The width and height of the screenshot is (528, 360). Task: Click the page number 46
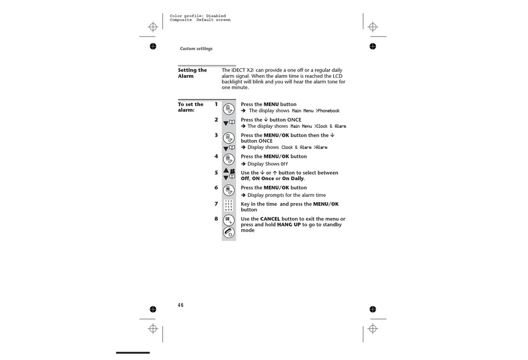click(181, 305)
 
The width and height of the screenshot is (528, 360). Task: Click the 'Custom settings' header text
click(196, 49)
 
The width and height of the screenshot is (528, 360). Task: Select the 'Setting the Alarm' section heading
click(192, 73)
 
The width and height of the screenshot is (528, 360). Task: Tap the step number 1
click(216, 104)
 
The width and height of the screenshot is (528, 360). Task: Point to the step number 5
click(216, 173)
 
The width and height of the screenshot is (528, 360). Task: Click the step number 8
click(216, 219)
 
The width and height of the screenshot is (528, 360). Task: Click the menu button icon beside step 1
click(228, 109)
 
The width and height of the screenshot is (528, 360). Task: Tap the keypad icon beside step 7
click(228, 205)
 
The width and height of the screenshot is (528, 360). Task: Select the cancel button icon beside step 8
click(228, 220)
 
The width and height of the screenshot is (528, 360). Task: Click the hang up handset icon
click(228, 233)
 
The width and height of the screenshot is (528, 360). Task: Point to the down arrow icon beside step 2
click(226, 123)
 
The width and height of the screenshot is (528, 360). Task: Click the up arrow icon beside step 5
click(226, 171)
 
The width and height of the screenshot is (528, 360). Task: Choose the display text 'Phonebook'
click(328, 111)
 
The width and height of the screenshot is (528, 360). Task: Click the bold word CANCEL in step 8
click(270, 219)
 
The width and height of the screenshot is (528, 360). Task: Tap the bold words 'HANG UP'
click(289, 225)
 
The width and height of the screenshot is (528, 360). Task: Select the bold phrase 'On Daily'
click(292, 179)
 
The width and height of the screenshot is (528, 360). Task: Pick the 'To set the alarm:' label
click(191, 107)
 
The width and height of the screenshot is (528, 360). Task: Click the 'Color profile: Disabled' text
click(198, 16)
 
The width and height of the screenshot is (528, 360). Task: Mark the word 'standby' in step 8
click(332, 225)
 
